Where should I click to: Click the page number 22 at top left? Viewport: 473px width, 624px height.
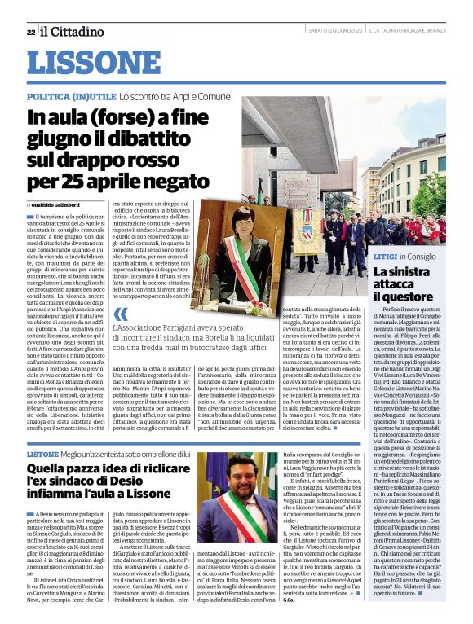pyautogui.click(x=30, y=32)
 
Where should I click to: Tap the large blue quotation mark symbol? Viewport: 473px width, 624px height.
pyautogui.click(x=121, y=315)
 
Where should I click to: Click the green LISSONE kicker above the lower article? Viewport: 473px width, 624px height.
pyautogui.click(x=42, y=454)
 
